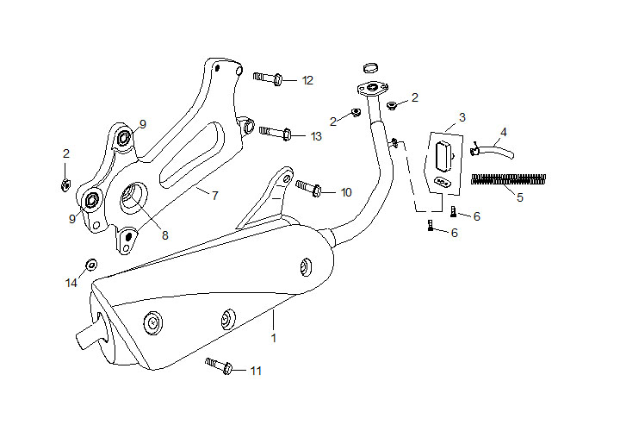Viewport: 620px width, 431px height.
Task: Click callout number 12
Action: pyautogui.click(x=307, y=80)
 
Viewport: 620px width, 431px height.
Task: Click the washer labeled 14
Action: pyautogui.click(x=90, y=264)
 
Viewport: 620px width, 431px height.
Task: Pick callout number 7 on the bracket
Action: pyautogui.click(x=214, y=196)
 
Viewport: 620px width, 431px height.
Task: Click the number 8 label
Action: pyautogui.click(x=165, y=234)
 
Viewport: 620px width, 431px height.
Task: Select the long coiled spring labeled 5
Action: pyautogui.click(x=509, y=179)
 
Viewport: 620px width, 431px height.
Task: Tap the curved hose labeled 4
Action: pyautogui.click(x=496, y=152)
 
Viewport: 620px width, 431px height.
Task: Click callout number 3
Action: pyautogui.click(x=462, y=116)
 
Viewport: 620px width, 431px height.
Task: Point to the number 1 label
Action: pyautogui.click(x=274, y=338)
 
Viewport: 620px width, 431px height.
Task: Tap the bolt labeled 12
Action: pyautogui.click(x=270, y=78)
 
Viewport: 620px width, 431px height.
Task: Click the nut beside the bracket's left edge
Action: pyautogui.click(x=65, y=184)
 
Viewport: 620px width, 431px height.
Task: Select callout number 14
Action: pyautogui.click(x=71, y=283)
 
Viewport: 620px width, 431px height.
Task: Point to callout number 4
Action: pyautogui.click(x=504, y=132)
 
